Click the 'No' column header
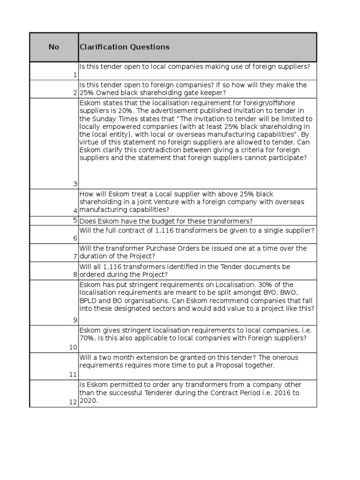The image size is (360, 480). pyautogui.click(x=54, y=47)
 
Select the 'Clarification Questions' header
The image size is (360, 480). pyautogui.click(x=125, y=47)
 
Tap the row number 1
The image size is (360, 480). pyautogui.click(x=75, y=75)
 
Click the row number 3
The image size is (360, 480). pyautogui.click(x=75, y=184)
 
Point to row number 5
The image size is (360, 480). pyautogui.click(x=75, y=220)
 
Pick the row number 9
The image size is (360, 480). pyautogui.click(x=75, y=320)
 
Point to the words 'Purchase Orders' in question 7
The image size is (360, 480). pyautogui.click(x=172, y=248)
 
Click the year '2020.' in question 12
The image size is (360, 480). pyautogui.click(x=89, y=401)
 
